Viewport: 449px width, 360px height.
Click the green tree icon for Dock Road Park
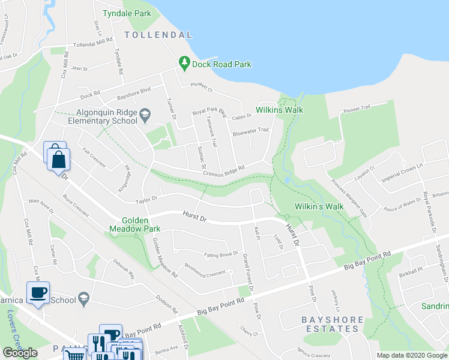184,63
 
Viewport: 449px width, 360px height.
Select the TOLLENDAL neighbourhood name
158,35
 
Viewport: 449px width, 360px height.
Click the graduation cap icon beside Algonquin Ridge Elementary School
145,114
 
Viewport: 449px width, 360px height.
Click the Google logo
20,353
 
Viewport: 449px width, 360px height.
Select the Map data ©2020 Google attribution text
411,355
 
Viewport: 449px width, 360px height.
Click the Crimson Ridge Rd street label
224,170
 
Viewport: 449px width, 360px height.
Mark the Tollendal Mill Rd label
92,43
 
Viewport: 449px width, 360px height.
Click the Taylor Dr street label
146,199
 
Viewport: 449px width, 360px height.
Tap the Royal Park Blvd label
208,112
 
